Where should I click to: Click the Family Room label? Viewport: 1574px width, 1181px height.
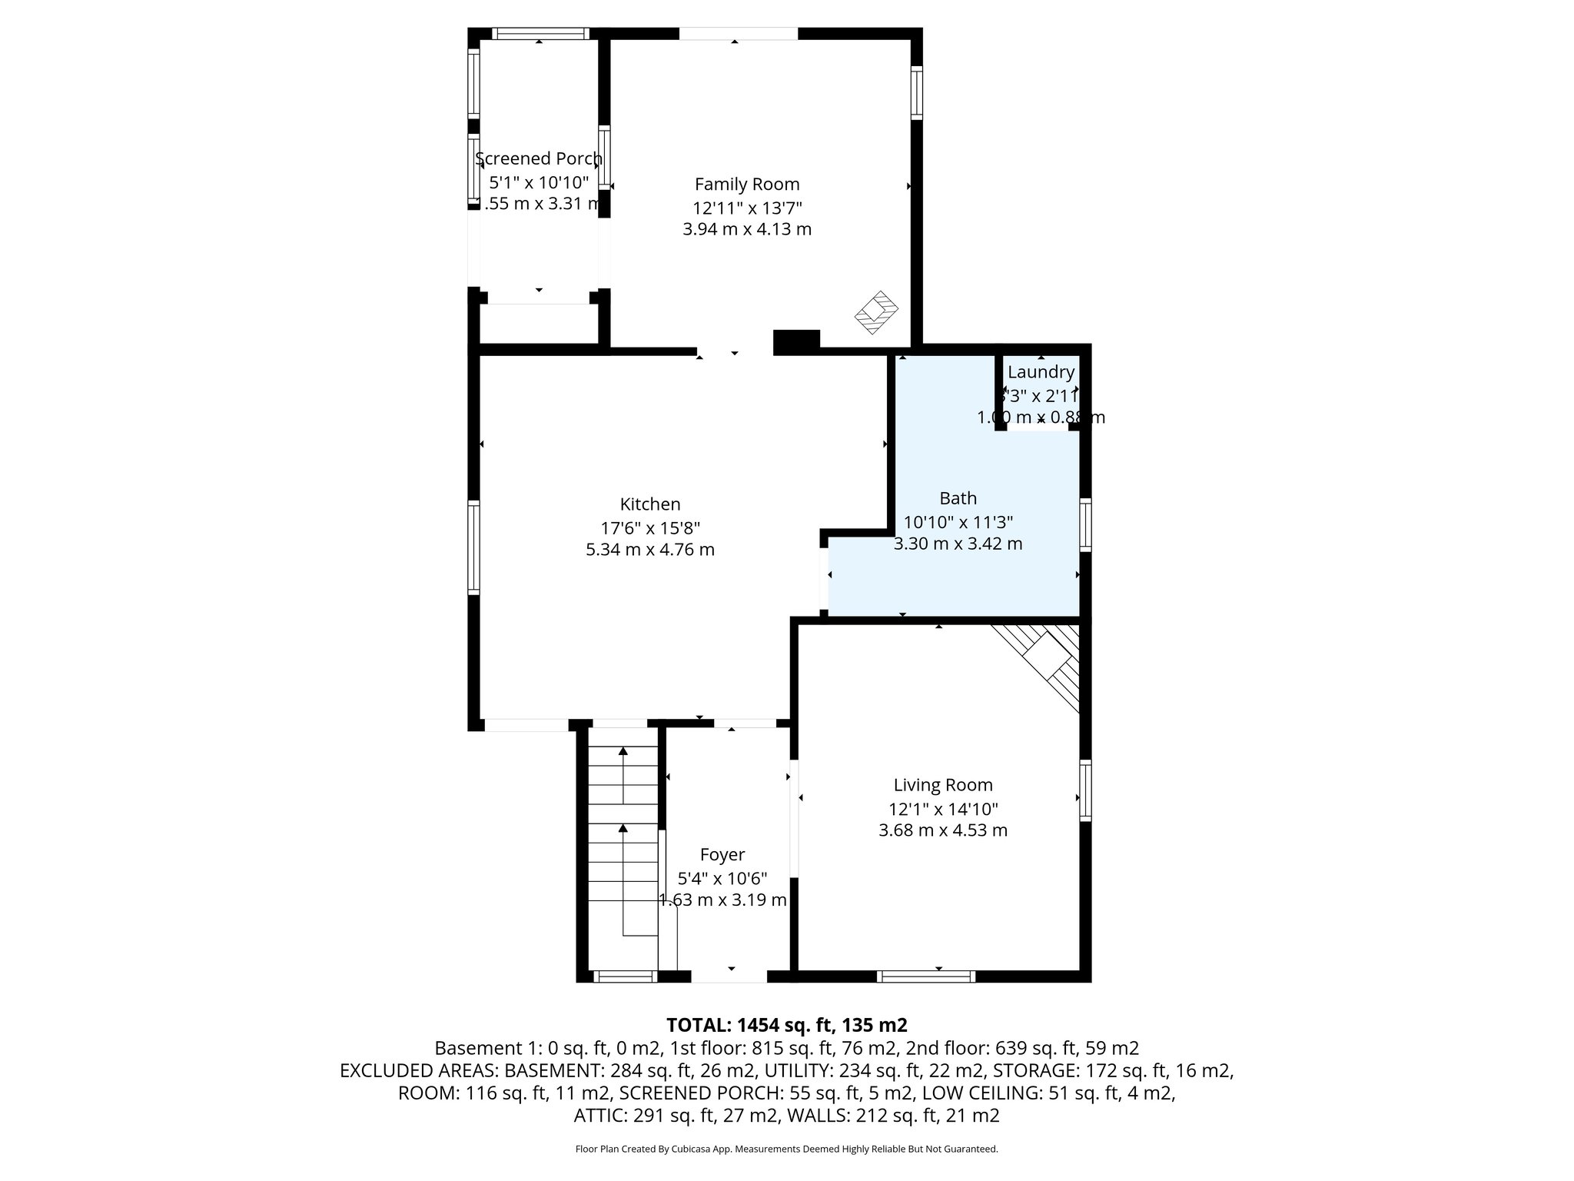click(747, 185)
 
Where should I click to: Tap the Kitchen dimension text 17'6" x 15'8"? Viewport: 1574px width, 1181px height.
click(650, 528)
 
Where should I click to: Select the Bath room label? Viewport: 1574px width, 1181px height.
click(958, 498)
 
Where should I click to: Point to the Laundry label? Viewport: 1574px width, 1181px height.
click(1041, 372)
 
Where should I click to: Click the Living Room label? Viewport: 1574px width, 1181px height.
click(943, 785)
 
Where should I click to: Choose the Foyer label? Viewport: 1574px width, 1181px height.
click(722, 854)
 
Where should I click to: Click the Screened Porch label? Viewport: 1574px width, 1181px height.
click(539, 159)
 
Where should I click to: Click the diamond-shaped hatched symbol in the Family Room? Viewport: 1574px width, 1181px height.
click(877, 311)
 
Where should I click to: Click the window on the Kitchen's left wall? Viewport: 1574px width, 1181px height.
click(474, 547)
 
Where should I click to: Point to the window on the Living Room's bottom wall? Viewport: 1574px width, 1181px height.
click(926, 976)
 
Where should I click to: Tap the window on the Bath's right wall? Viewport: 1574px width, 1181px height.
click(1085, 524)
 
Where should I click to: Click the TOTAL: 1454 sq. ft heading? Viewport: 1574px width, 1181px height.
click(787, 1025)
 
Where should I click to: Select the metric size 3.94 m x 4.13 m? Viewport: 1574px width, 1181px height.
click(747, 229)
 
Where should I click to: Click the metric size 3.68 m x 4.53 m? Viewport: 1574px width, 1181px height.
click(943, 830)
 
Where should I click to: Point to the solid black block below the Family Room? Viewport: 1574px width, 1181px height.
click(796, 341)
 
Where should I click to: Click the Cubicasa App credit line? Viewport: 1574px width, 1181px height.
click(786, 1149)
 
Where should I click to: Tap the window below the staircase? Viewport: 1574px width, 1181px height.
click(625, 976)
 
